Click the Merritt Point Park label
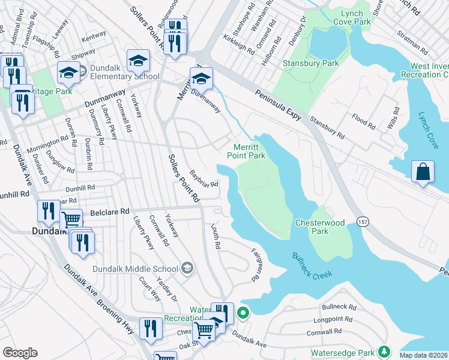[x=246, y=151]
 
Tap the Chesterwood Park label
[x=320, y=227]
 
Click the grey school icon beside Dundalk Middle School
[x=187, y=268]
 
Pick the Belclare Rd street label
[x=109, y=212]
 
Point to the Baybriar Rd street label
[x=203, y=178]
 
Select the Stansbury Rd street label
[x=327, y=127]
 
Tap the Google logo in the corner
[x=20, y=353]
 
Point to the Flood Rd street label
[x=364, y=119]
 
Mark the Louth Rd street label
[x=215, y=237]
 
